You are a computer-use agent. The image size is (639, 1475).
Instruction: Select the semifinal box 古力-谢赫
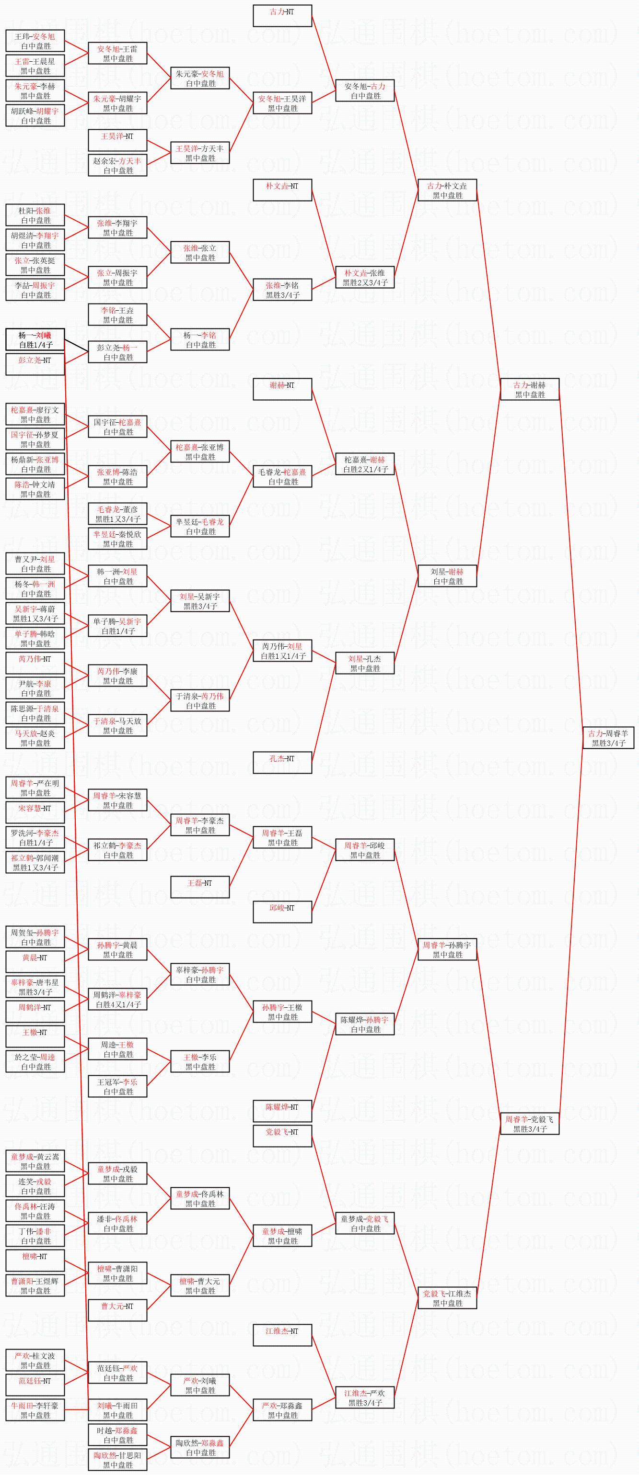coord(530,389)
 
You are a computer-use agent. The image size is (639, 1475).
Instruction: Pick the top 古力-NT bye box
coord(282,15)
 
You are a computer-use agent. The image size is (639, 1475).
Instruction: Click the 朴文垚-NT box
coord(282,190)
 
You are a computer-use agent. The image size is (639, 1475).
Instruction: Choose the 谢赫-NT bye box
coord(282,389)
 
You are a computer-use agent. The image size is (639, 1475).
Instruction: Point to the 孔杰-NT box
coord(282,763)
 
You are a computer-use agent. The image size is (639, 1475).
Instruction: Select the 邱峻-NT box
coord(282,912)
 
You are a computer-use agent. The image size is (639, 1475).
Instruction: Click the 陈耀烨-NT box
coord(282,1112)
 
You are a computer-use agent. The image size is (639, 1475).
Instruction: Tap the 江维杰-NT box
coord(282,1335)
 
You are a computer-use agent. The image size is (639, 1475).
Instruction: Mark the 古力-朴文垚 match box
coord(447,190)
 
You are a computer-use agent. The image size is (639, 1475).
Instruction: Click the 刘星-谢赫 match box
coord(447,576)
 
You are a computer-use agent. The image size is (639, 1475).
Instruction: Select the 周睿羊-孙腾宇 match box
coord(447,949)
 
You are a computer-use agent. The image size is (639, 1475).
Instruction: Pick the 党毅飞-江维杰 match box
coord(447,1298)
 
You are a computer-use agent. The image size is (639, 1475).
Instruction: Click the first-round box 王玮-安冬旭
coord(35,41)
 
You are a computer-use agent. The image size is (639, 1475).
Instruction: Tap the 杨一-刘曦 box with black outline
coord(35,339)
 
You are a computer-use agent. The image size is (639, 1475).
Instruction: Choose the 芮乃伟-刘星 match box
coord(282,651)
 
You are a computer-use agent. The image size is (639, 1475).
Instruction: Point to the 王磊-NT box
coord(200,887)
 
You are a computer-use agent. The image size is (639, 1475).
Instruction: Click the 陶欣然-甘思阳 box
coord(117,1460)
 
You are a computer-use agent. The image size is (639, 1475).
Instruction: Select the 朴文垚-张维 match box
coord(364,277)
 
